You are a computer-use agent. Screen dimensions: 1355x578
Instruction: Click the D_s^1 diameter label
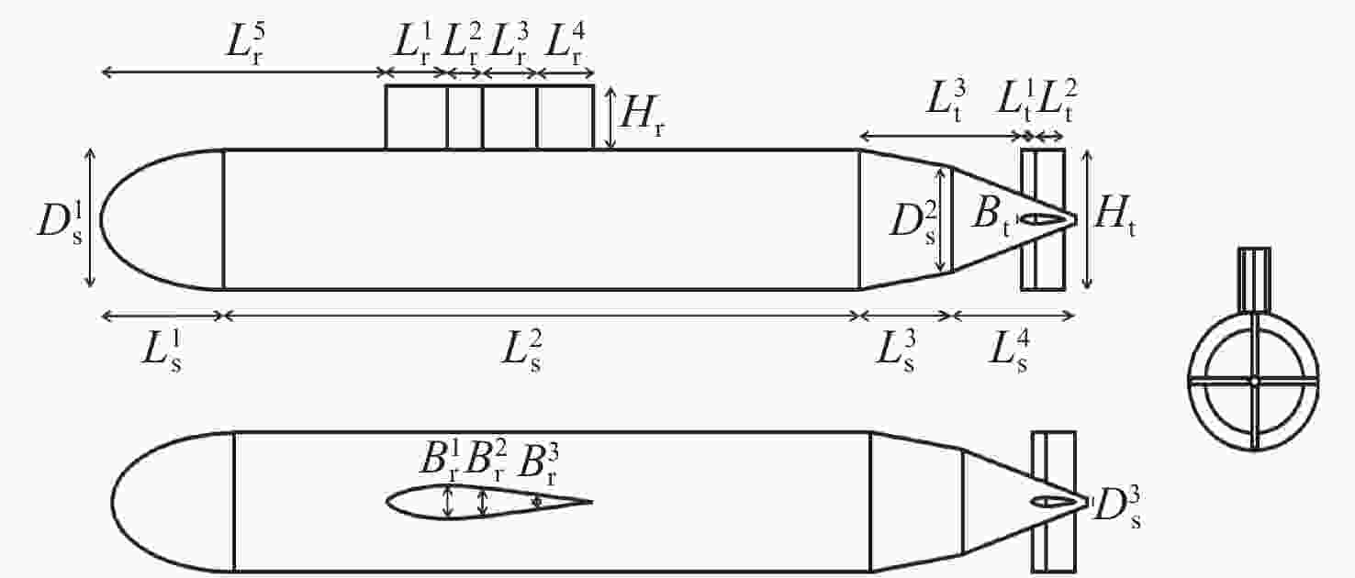[60, 221]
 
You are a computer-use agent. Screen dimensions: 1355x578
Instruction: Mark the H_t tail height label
[1115, 216]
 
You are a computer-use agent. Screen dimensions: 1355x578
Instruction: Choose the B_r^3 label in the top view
[539, 465]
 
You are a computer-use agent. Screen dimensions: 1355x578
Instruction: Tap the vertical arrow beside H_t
[1087, 219]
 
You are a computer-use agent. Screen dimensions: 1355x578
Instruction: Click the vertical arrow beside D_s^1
[90, 217]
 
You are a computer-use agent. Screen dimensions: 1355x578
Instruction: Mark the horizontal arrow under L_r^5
[244, 72]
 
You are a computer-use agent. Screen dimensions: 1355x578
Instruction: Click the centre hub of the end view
[1254, 381]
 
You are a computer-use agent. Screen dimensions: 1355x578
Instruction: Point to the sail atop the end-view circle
[1254, 279]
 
